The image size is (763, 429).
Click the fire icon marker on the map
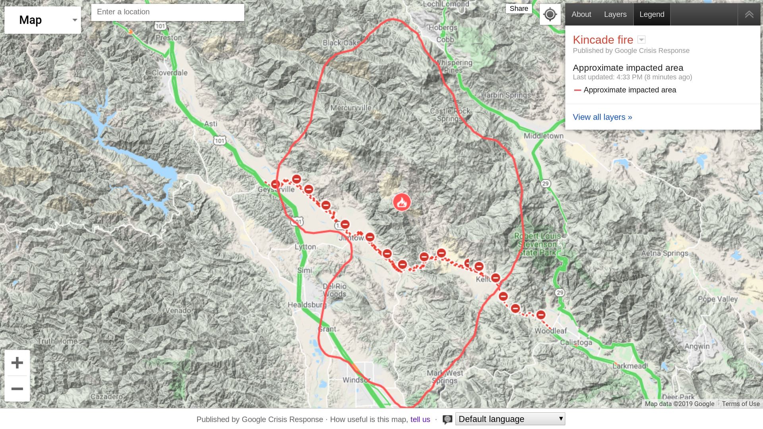click(x=402, y=202)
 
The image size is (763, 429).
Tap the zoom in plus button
click(x=17, y=363)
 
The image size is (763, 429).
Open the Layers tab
click(x=615, y=14)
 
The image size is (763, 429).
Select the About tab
click(x=581, y=14)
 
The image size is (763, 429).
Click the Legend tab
click(x=651, y=14)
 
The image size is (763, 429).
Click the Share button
click(x=519, y=9)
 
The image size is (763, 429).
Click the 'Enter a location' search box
click(x=167, y=12)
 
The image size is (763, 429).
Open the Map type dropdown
click(x=43, y=20)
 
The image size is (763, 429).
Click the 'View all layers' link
click(x=602, y=117)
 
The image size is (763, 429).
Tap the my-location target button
click(x=550, y=15)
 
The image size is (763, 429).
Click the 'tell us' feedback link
click(x=420, y=419)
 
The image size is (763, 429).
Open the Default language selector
click(x=510, y=419)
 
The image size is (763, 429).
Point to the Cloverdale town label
click(x=170, y=73)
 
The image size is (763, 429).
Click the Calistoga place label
click(x=576, y=342)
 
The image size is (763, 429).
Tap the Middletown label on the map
click(x=543, y=136)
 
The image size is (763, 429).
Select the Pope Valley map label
click(x=717, y=299)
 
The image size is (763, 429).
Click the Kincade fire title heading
click(x=602, y=40)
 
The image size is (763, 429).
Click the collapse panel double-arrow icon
click(x=749, y=14)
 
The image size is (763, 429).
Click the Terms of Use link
click(x=740, y=404)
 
